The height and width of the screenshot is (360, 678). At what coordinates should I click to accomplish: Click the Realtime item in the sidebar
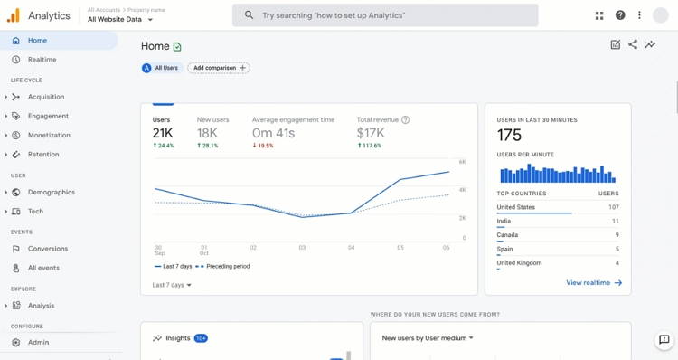[42, 60]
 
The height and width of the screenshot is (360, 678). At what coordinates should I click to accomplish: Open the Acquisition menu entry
[45, 97]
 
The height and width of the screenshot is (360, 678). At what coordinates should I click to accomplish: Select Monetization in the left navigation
[49, 135]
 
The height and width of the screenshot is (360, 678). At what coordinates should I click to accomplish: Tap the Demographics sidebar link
[51, 192]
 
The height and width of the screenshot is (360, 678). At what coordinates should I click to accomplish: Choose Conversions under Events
[47, 249]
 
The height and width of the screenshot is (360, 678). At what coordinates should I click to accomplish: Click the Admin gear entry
[38, 343]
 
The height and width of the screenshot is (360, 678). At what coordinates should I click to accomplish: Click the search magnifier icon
[250, 15]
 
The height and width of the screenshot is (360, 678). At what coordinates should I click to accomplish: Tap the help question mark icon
[620, 15]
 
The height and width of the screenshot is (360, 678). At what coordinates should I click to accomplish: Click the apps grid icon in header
[599, 15]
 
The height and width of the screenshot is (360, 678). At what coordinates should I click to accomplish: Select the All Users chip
[161, 68]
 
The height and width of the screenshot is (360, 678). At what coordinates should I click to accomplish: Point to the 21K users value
[163, 133]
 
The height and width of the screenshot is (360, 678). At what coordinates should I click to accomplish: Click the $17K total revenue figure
[371, 133]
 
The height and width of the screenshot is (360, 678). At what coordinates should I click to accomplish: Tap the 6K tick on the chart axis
[462, 162]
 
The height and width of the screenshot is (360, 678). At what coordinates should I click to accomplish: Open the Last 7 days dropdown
[172, 285]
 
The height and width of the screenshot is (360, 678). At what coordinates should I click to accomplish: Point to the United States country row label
[516, 207]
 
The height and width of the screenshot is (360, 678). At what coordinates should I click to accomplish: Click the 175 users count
[510, 136]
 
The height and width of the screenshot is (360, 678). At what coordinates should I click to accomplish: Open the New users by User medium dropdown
[428, 338]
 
